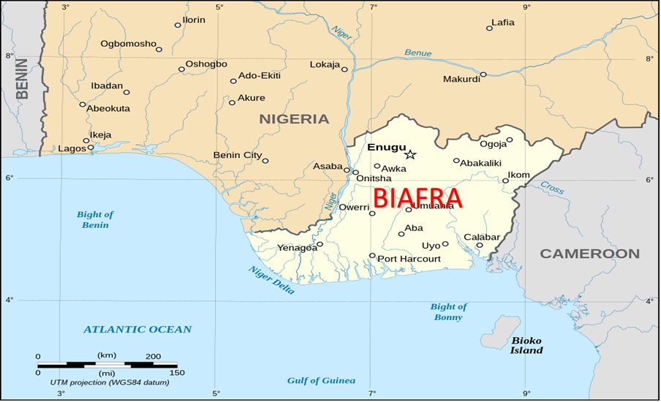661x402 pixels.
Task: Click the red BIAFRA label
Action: (418, 198)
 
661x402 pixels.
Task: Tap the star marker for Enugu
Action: (410, 154)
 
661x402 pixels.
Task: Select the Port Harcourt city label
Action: (409, 259)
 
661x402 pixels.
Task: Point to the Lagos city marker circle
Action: (91, 148)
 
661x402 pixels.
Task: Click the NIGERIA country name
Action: (294, 118)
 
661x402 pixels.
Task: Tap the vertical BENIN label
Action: (22, 79)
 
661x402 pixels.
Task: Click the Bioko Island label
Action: (526, 346)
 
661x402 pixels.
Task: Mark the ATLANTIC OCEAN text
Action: (137, 330)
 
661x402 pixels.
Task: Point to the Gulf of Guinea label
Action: (321, 380)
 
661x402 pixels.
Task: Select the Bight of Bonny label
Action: (447, 312)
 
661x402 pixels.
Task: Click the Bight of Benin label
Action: (95, 219)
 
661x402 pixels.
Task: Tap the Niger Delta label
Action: (271, 281)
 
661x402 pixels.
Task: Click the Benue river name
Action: (418, 53)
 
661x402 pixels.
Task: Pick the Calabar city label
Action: (482, 237)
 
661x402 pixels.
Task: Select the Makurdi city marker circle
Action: (483, 75)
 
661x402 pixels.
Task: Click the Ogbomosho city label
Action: (128, 44)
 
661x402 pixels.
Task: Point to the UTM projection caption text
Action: (100, 382)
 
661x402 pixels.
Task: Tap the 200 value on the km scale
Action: (152, 355)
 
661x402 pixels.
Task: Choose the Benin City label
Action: (237, 155)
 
